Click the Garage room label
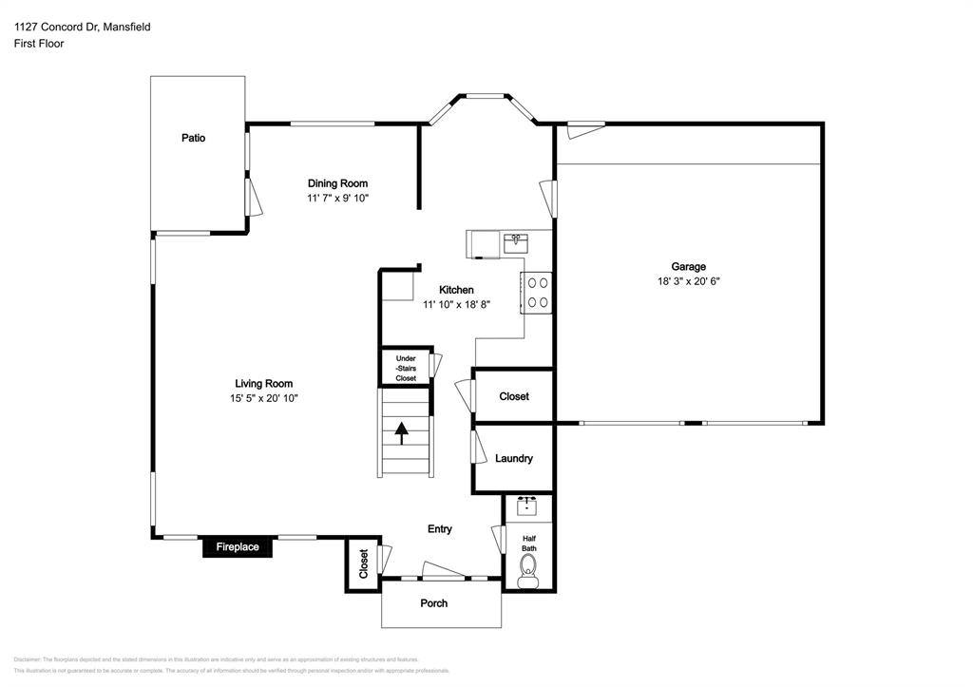tap(689, 267)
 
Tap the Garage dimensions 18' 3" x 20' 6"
tap(689, 281)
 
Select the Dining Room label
tap(337, 183)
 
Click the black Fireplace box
tap(238, 547)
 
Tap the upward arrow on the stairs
tap(401, 433)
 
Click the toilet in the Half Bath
tap(527, 571)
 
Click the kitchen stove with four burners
tap(537, 292)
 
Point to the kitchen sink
tap(517, 242)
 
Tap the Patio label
tap(194, 138)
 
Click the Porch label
tap(434, 603)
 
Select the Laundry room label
tap(514, 458)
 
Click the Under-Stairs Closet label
tap(406, 369)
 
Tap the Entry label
tap(440, 529)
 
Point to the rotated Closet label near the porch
tap(363, 564)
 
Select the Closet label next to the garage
tap(514, 396)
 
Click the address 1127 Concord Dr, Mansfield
tap(82, 28)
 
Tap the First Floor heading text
tap(39, 44)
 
